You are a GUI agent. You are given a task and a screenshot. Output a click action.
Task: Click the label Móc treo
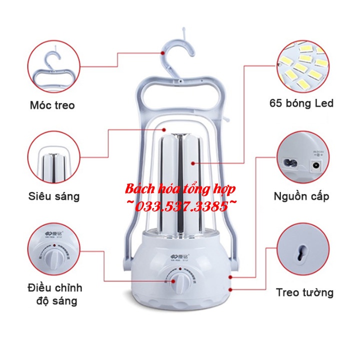pyautogui.click(x=52, y=105)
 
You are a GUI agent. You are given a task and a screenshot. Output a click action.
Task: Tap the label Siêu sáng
pyautogui.click(x=53, y=196)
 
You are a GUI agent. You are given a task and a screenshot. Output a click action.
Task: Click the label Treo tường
pyautogui.click(x=304, y=292)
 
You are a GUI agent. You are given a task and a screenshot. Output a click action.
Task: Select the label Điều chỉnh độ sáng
pyautogui.click(x=54, y=294)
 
